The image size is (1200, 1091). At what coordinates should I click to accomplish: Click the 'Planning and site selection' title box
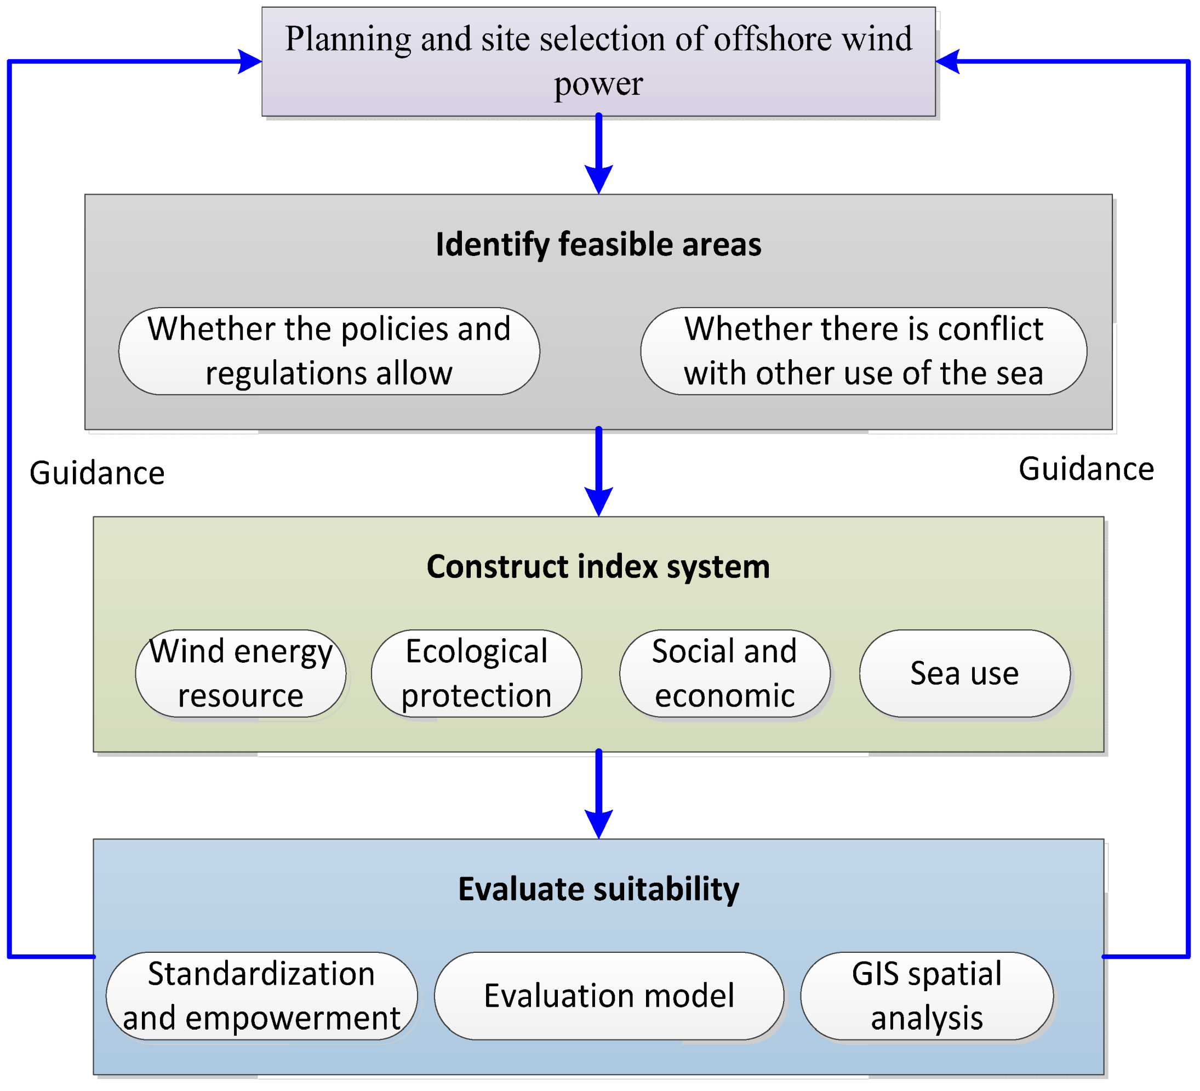coord(598,61)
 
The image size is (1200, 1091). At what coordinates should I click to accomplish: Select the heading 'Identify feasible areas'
coord(598,244)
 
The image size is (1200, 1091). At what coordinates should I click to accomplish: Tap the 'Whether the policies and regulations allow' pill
coord(329,351)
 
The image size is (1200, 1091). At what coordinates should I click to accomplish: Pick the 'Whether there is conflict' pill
coord(863,351)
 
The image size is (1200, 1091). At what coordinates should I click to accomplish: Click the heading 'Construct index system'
coord(598,566)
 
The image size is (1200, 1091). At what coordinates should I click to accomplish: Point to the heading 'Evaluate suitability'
coord(598,889)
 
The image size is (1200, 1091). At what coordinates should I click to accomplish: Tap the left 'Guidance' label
coord(97,474)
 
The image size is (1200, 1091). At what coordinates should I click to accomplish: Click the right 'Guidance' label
coord(1087,469)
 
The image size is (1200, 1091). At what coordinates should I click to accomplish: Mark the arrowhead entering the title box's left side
coord(250,61)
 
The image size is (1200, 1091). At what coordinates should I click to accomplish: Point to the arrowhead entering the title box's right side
coord(947,61)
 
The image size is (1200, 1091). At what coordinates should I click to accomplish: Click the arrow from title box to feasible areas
coord(599,155)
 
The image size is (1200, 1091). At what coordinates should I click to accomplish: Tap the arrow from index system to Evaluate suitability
coord(599,795)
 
